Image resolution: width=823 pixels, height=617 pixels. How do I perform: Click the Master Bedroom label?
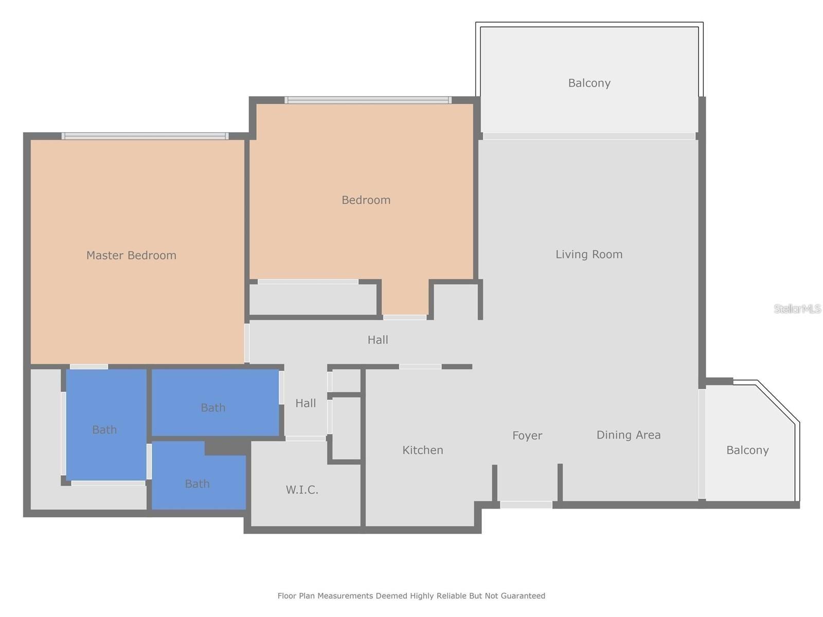(131, 255)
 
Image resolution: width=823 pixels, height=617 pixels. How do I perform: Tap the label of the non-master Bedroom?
(366, 200)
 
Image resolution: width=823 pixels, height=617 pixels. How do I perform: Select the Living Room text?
(589, 254)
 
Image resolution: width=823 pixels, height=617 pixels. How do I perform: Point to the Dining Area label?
(628, 435)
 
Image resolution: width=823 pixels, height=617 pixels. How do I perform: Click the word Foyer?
(527, 435)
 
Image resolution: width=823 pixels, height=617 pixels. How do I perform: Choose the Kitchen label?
(422, 450)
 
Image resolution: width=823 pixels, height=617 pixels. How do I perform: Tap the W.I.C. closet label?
(302, 490)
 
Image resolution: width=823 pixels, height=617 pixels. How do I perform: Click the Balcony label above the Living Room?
(589, 83)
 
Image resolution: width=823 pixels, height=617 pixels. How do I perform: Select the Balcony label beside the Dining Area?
(747, 450)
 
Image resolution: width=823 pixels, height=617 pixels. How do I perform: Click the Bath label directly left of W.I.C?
(197, 484)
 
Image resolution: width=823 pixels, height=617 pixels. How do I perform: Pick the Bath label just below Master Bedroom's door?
(104, 429)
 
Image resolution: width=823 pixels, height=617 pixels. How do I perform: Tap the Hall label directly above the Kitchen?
(378, 340)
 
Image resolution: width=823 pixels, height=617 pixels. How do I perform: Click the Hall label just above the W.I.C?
(306, 403)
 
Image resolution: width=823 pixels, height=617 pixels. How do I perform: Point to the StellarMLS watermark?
(797, 308)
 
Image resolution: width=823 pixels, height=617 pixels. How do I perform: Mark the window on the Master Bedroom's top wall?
(145, 136)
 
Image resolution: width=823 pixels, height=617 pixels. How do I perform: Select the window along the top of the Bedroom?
(368, 100)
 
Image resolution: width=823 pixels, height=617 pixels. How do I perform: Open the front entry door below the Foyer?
(526, 505)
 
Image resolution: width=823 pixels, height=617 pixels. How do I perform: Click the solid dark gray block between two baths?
(225, 447)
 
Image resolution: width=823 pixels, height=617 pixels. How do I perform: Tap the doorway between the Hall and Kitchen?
(420, 367)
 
